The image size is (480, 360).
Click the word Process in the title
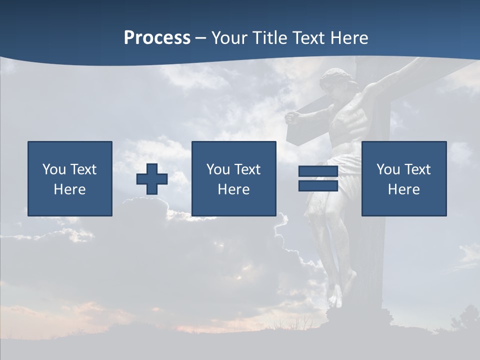point(157,38)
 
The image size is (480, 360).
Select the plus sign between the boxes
point(152,179)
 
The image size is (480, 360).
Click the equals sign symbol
point(318,178)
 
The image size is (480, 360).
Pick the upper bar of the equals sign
point(318,171)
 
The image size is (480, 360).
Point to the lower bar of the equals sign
point(318,185)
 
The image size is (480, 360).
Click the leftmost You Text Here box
point(70,179)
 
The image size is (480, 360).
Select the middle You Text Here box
point(233,179)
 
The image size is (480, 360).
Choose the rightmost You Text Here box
point(403,179)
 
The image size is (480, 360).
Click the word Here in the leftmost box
point(70,189)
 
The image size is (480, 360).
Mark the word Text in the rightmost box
point(417,169)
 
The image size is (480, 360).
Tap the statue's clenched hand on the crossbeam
point(292,118)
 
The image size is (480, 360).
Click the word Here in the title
point(350,38)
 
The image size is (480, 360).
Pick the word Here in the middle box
point(233,189)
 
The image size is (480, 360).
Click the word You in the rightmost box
point(388,169)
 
